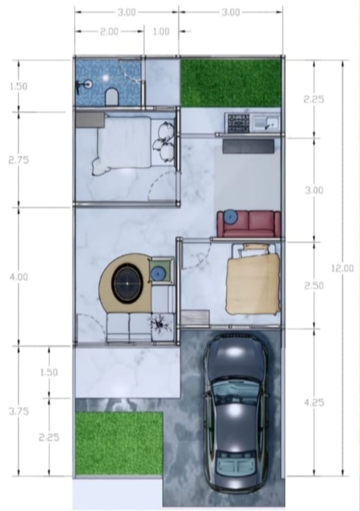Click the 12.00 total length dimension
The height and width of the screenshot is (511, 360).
tap(342, 269)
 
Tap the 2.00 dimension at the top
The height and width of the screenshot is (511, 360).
tap(109, 32)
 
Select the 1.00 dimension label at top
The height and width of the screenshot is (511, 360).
tap(161, 32)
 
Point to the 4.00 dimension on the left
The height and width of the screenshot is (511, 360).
tap(19, 277)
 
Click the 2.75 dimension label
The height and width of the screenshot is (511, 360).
tap(19, 160)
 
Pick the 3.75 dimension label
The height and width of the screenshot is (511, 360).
tap(19, 411)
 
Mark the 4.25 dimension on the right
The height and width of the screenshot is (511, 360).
tap(314, 403)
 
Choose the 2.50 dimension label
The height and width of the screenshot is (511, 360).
tap(314, 286)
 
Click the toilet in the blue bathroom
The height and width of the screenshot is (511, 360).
tap(111, 97)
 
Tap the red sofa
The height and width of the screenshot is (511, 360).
tap(249, 224)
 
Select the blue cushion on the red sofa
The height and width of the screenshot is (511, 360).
tap(231, 217)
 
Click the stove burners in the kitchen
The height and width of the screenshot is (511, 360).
tap(239, 123)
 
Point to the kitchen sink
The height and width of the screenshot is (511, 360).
tap(266, 122)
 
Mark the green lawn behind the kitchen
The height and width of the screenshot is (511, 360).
tap(230, 83)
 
